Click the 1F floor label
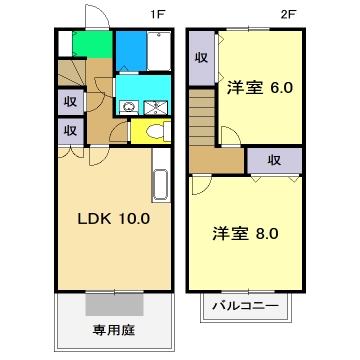tap(158, 14)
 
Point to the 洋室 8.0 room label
tap(244, 235)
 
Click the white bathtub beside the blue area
tap(157, 51)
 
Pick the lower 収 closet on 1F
tap(71, 129)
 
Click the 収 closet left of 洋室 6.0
tap(201, 58)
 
